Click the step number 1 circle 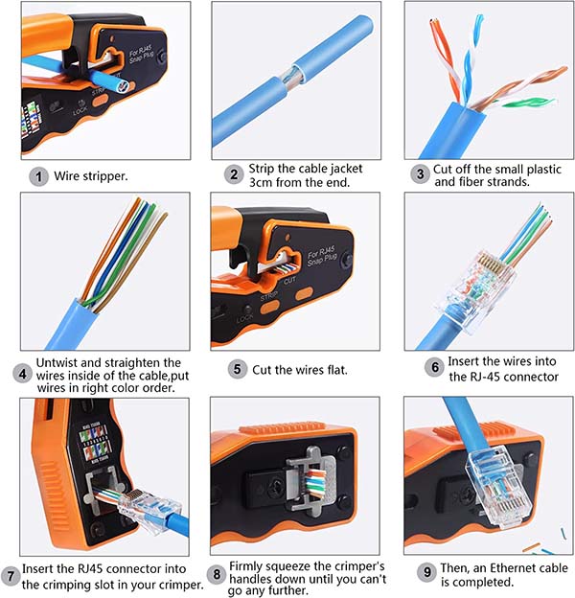38,177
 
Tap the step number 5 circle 237,369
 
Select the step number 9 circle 427,572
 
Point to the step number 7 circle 11,576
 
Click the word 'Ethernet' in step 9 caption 515,568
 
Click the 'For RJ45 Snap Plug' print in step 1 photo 141,55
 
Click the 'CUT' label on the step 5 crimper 289,280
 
